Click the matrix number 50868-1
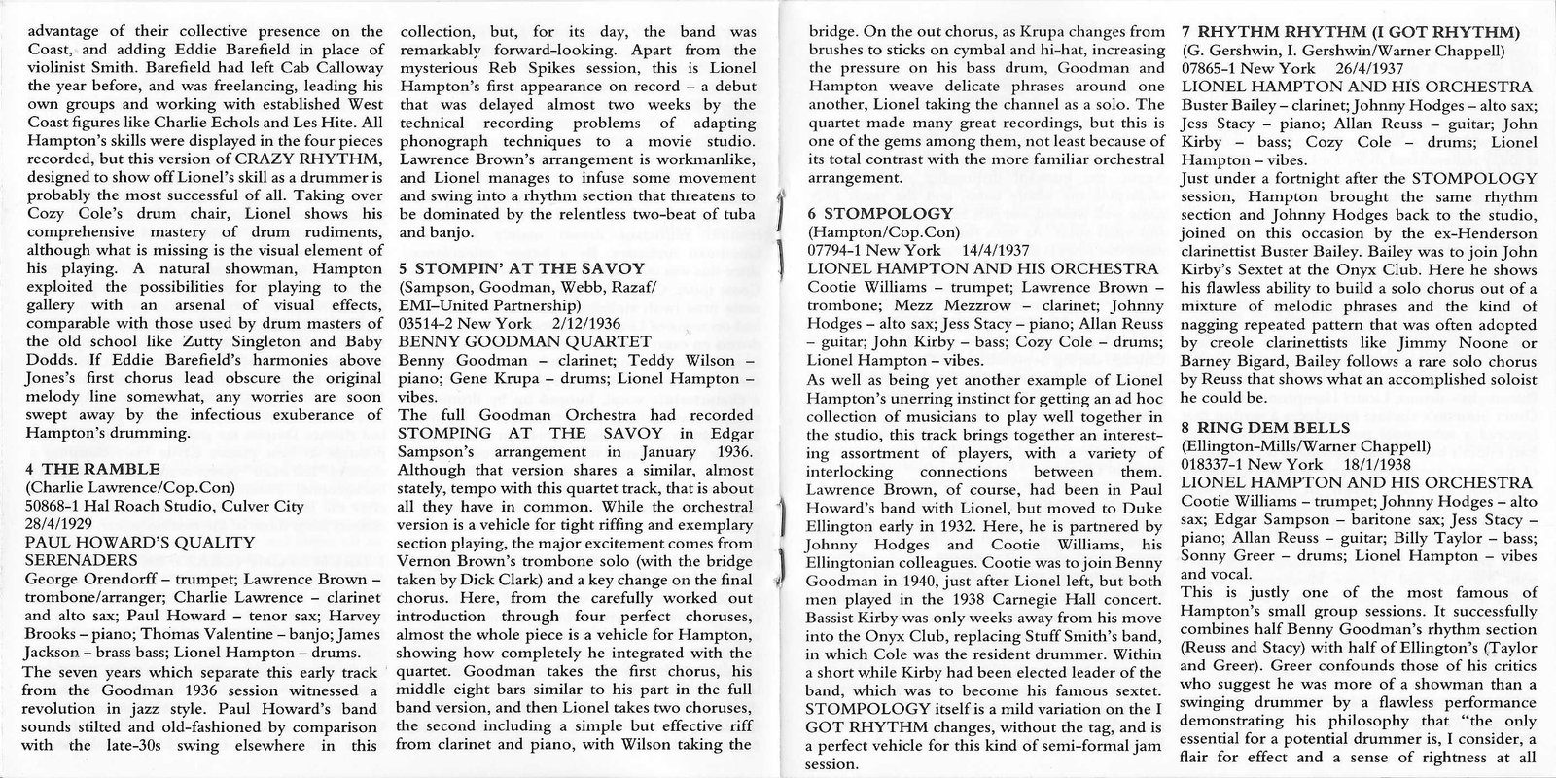coord(57,506)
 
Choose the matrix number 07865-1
coord(1214,68)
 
